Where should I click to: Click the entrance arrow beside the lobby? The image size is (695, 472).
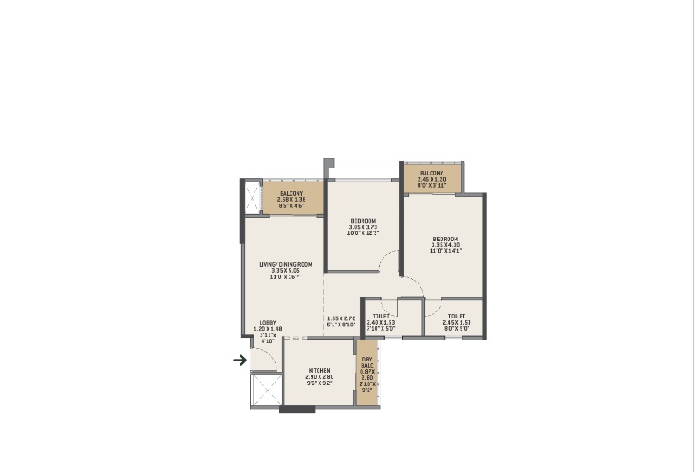pyautogui.click(x=239, y=359)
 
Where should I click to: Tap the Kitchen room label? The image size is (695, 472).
pyautogui.click(x=319, y=372)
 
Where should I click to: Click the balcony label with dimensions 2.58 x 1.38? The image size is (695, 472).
pyautogui.click(x=291, y=193)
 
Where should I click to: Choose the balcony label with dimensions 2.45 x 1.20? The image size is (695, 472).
pyautogui.click(x=432, y=173)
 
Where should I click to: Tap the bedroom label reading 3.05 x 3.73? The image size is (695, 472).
pyautogui.click(x=363, y=220)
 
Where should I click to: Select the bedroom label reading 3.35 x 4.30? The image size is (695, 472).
pyautogui.click(x=446, y=238)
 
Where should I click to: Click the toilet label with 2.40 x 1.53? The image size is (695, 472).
pyautogui.click(x=381, y=316)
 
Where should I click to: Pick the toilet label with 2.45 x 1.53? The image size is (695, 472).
pyautogui.click(x=456, y=316)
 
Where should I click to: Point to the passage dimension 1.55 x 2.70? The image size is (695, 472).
pyautogui.click(x=340, y=318)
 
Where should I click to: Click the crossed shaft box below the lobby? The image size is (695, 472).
pyautogui.click(x=266, y=390)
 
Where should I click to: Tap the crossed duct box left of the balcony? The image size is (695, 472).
pyautogui.click(x=253, y=197)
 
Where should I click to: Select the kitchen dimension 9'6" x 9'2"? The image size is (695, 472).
pyautogui.click(x=319, y=383)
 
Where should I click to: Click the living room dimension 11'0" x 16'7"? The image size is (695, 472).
pyautogui.click(x=285, y=278)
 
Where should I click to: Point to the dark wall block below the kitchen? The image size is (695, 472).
pyautogui.click(x=296, y=409)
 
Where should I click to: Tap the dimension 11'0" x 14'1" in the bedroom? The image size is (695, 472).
pyautogui.click(x=446, y=251)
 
